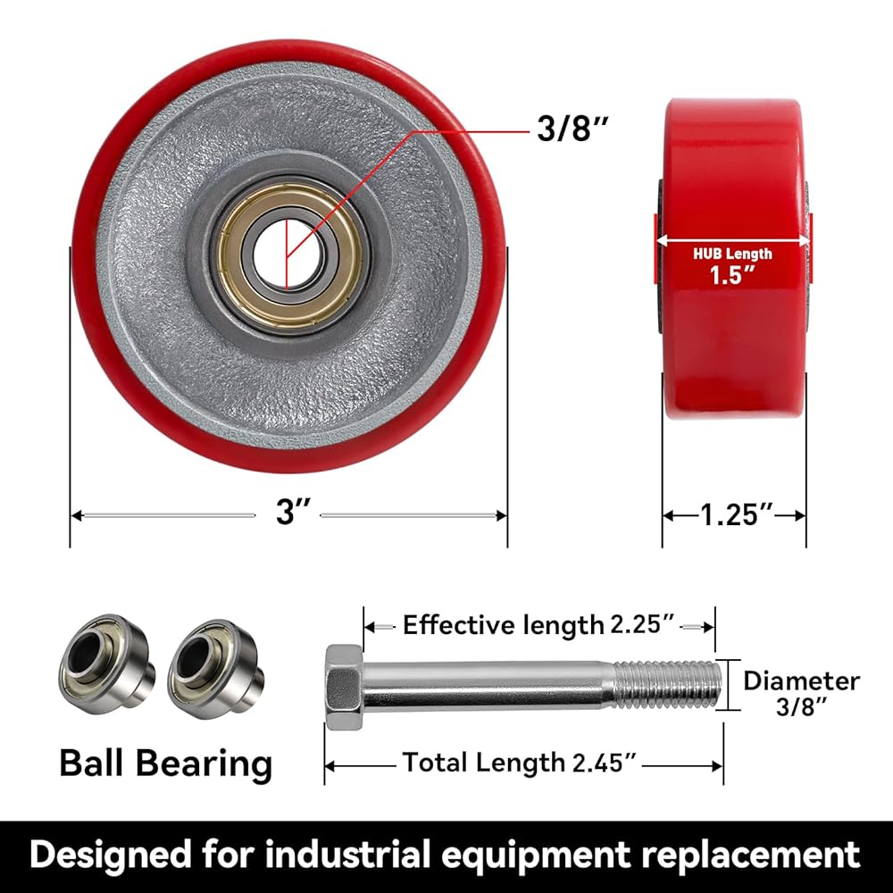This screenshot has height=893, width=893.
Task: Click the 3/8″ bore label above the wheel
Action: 572,128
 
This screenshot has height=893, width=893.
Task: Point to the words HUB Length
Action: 732,254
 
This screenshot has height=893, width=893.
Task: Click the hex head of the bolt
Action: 344,687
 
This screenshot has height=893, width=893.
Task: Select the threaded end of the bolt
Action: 666,685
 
